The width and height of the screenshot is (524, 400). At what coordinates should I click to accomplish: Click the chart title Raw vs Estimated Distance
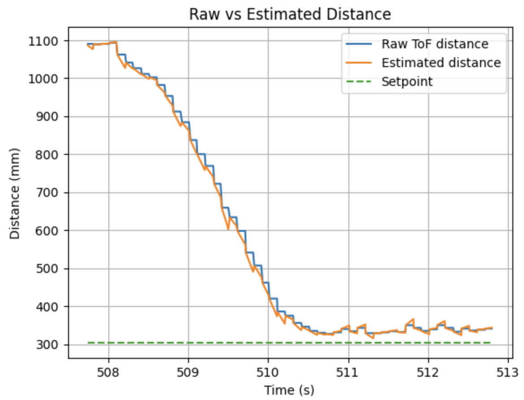pos(290,14)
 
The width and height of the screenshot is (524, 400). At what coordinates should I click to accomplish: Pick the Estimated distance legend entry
pos(441,63)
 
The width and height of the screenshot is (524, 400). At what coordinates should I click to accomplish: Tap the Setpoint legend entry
pos(407,81)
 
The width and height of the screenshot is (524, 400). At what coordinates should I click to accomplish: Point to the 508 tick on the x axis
pos(108,371)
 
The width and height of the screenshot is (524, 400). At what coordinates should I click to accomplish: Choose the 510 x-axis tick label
pos(268,371)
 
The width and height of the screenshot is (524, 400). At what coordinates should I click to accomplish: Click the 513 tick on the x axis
pos(508,371)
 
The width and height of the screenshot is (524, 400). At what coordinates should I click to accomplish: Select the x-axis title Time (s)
pos(289,390)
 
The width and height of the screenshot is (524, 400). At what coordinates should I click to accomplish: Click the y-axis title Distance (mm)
pos(15,193)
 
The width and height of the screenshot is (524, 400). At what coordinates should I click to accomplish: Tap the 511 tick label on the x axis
pos(348,371)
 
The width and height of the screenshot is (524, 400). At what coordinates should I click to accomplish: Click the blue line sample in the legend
pos(359,44)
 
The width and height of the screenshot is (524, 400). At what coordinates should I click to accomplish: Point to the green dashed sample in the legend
pos(359,81)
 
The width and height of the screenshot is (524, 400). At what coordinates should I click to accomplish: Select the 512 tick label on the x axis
pos(428,371)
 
